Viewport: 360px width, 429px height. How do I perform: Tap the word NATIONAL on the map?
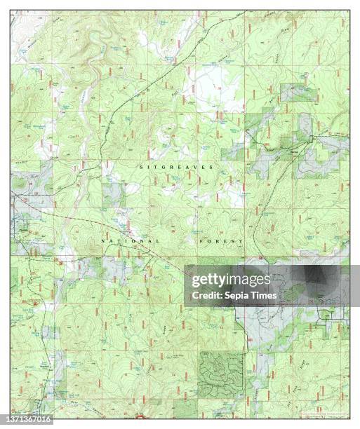tap(130, 241)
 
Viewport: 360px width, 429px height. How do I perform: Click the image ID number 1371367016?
tap(27, 420)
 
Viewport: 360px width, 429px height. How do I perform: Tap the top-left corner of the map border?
tap(11, 10)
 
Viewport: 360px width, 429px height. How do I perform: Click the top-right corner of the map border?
tap(349, 10)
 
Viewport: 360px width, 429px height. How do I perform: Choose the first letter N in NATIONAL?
tap(104, 241)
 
